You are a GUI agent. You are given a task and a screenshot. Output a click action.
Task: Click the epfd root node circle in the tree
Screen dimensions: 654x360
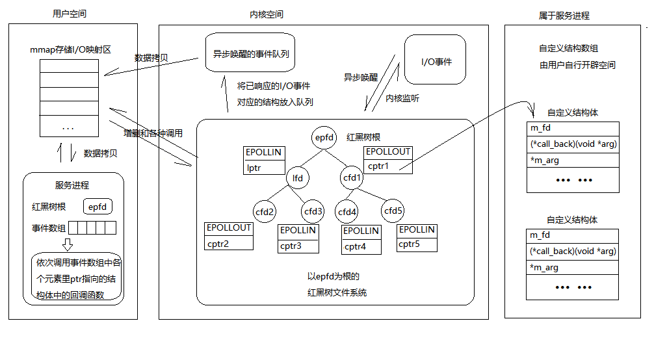click(324, 137)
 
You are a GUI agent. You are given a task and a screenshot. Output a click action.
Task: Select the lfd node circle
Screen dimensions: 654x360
click(297, 178)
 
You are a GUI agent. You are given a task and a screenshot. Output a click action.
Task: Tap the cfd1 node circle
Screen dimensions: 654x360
click(352, 177)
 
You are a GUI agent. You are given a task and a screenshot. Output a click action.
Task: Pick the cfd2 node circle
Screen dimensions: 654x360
click(265, 212)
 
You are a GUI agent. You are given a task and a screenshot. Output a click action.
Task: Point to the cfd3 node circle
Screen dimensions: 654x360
click(313, 211)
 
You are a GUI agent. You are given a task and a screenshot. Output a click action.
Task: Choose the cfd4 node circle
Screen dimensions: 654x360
click(347, 212)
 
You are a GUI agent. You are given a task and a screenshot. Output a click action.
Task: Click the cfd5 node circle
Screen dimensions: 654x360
click(393, 211)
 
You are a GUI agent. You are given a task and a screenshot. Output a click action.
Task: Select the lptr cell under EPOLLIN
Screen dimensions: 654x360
click(264, 168)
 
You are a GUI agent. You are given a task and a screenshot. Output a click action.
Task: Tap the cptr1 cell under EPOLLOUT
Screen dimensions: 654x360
click(388, 166)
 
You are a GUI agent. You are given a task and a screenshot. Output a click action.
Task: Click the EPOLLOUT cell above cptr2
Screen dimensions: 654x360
click(229, 228)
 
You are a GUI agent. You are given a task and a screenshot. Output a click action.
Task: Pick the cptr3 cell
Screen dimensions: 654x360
click(298, 246)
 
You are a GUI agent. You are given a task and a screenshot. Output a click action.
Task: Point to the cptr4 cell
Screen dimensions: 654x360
click(361, 246)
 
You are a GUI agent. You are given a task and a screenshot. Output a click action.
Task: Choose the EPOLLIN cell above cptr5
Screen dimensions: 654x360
click(417, 230)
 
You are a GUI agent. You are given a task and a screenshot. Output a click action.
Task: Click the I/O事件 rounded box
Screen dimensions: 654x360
click(435, 60)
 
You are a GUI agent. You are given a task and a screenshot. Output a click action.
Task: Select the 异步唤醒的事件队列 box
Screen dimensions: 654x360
click(250, 53)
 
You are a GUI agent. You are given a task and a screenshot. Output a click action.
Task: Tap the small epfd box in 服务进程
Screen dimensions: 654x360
click(98, 207)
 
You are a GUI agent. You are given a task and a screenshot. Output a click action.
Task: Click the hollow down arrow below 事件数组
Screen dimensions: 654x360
click(68, 244)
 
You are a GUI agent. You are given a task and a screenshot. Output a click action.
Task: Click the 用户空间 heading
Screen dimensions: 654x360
click(70, 14)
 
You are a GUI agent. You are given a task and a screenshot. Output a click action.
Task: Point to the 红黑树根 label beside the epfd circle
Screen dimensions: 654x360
click(363, 137)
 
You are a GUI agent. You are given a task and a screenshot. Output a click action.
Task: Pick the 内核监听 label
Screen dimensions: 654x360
click(402, 98)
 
